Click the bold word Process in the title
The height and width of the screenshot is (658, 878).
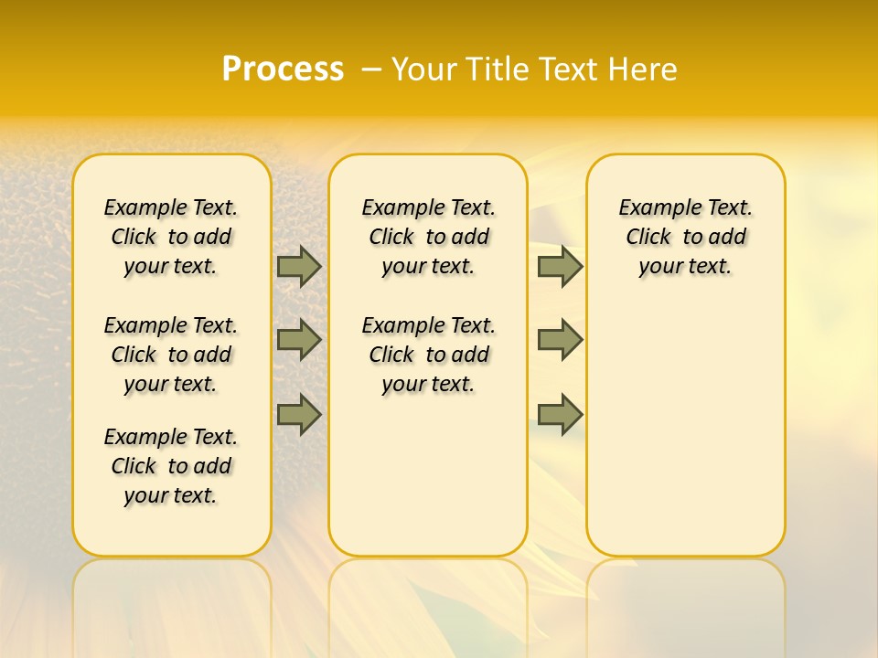(x=283, y=69)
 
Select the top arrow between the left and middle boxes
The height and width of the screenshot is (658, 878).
(x=299, y=266)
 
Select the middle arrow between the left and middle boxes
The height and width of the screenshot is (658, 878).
(x=299, y=340)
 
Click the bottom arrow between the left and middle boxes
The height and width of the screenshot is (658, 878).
(x=299, y=414)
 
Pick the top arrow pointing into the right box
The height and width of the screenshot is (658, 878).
(x=560, y=266)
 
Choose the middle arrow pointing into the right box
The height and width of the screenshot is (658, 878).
(x=560, y=340)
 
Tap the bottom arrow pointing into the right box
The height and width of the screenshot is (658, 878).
(x=560, y=414)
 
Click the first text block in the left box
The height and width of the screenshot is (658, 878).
(x=171, y=237)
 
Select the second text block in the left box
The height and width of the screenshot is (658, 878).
(x=171, y=355)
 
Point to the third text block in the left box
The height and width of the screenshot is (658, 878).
(x=171, y=466)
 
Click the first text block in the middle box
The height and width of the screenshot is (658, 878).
(x=428, y=237)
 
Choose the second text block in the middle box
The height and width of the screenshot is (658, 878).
(x=428, y=355)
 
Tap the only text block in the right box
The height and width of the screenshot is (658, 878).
(x=685, y=237)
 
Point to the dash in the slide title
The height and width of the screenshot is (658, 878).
(x=371, y=69)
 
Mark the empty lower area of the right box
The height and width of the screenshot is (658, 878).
(x=685, y=430)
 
